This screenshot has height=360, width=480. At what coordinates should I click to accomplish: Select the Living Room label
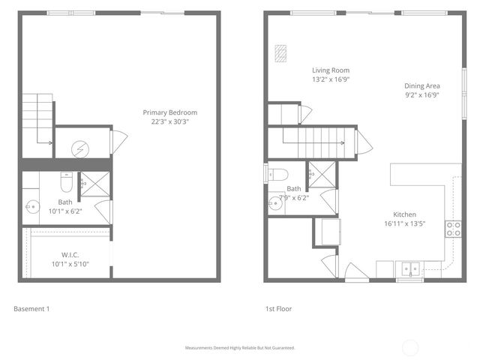coord(331,70)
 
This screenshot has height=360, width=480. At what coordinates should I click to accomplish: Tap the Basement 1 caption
coord(32,308)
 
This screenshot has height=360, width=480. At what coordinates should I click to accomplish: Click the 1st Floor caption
coord(278,308)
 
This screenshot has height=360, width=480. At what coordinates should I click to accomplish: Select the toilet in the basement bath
coord(65,182)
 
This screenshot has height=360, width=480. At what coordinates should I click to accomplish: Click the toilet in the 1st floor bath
coord(278,175)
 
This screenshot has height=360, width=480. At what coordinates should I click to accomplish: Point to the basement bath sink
coord(31,204)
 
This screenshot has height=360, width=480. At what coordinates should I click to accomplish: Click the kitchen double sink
coord(409,268)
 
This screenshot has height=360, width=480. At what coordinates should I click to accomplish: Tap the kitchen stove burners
coord(453,229)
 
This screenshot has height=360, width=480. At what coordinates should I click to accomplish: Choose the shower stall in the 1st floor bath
coord(323,174)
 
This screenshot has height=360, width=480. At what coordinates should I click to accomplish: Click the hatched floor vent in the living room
coord(282,54)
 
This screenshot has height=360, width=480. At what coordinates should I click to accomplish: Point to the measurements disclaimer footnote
coord(240,348)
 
